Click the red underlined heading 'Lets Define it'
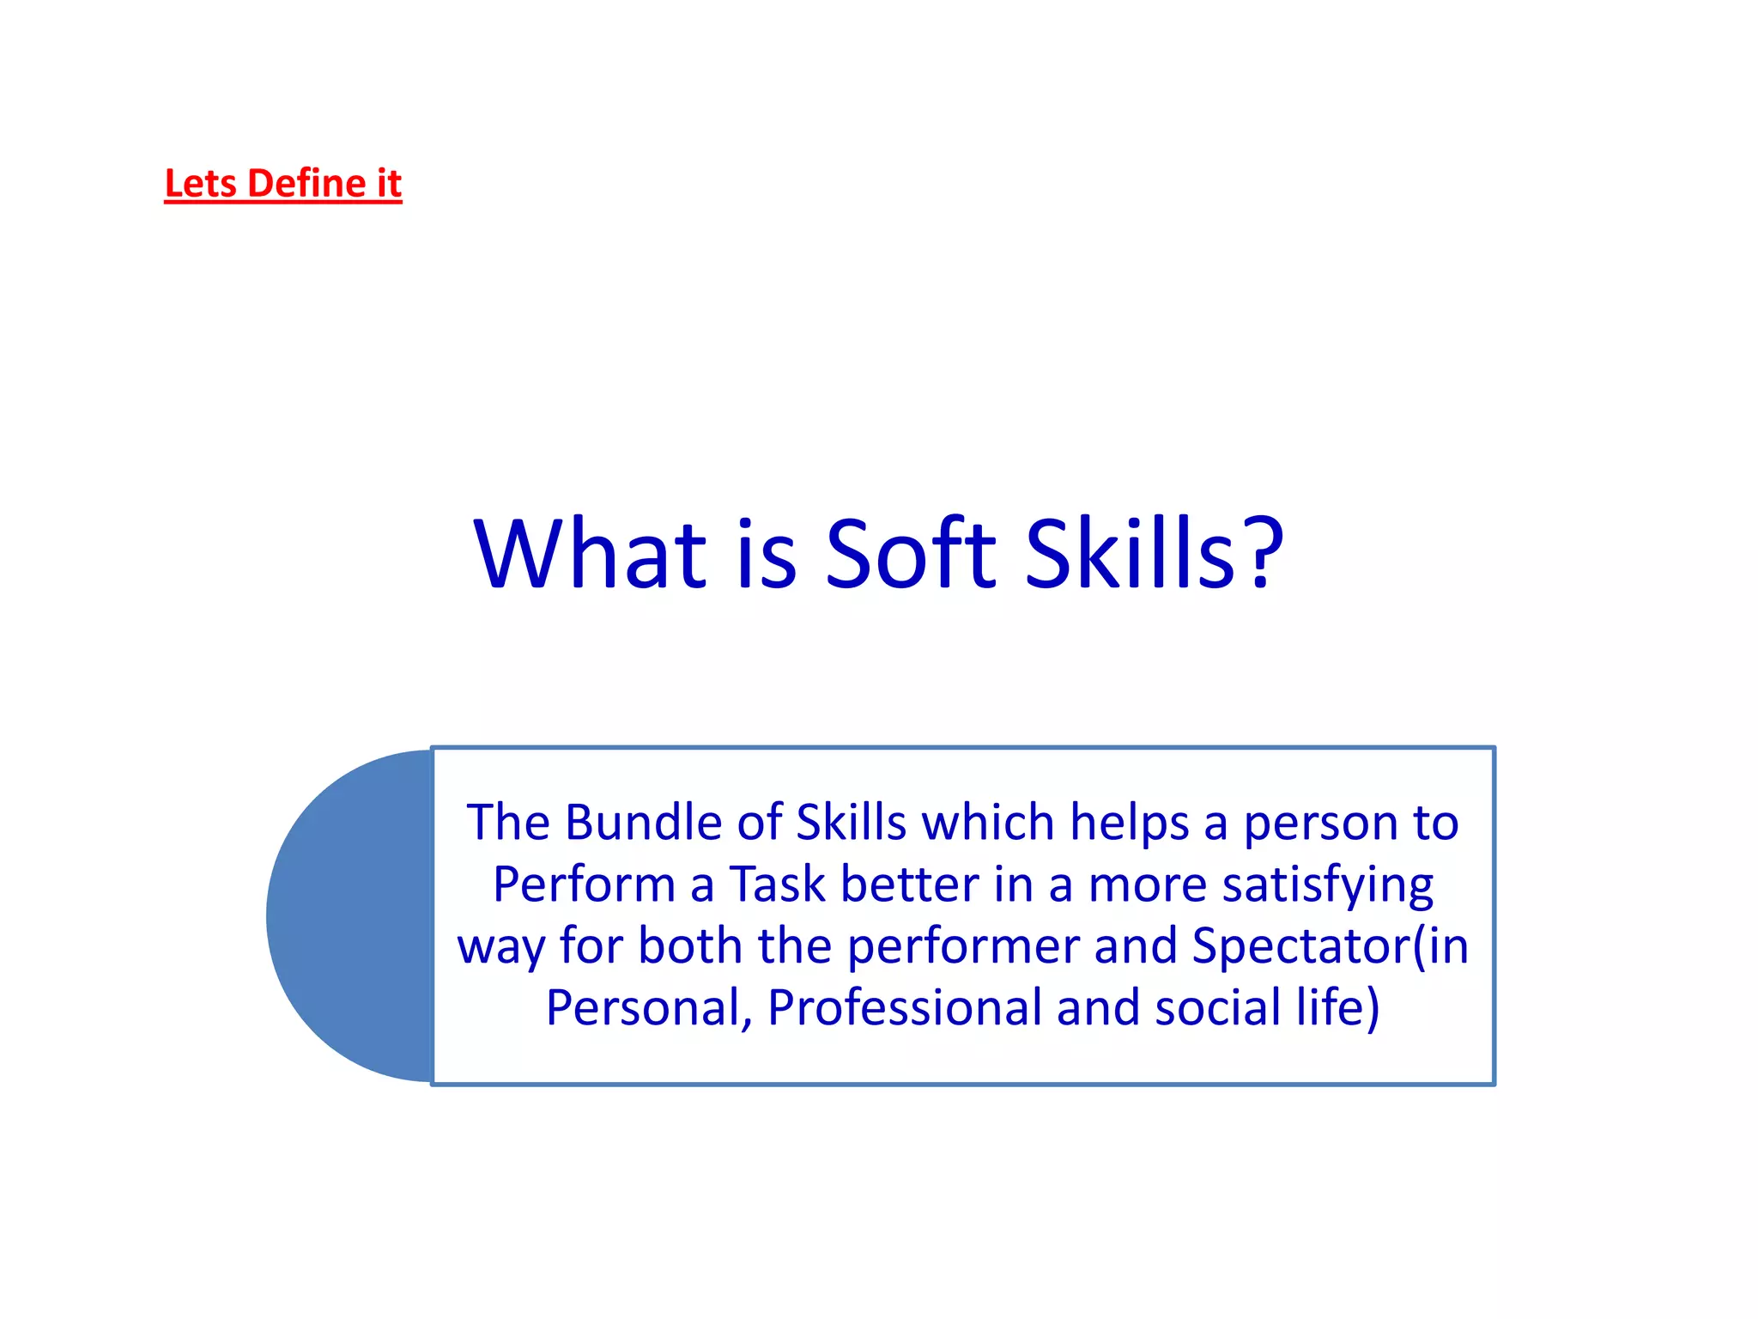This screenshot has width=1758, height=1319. point(282,184)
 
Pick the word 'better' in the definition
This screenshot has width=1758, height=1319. point(910,884)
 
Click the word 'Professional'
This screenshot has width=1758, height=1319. point(904,1009)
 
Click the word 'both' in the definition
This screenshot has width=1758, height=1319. point(690,946)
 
